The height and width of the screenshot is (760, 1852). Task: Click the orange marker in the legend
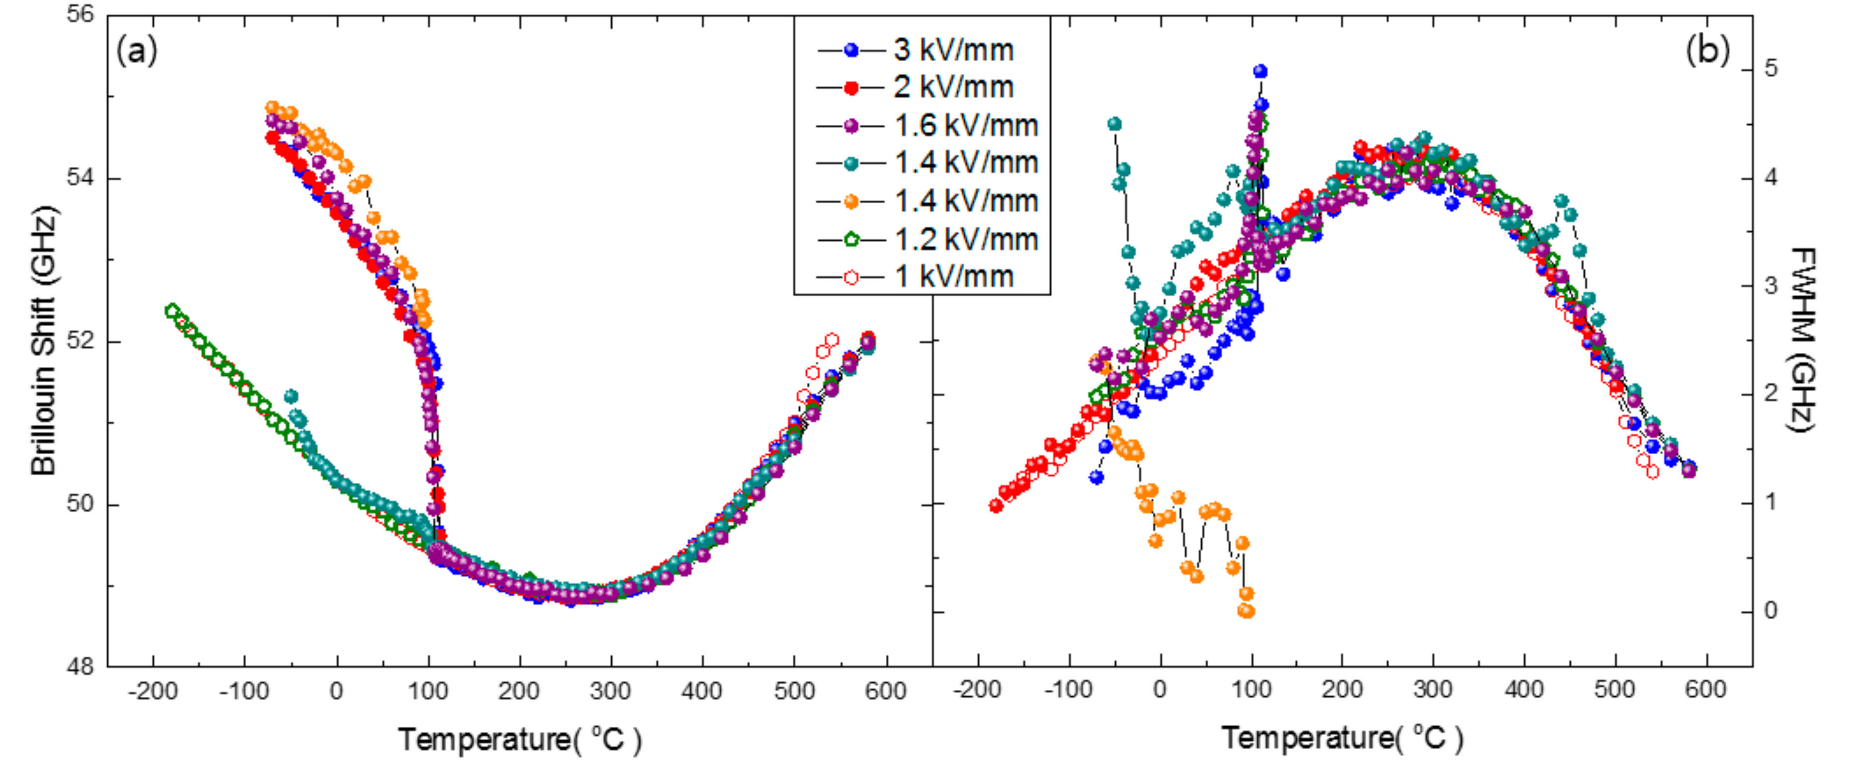tap(851, 201)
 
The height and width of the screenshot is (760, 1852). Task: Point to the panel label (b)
tap(1707, 51)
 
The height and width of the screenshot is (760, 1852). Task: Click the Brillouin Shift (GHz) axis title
tap(44, 341)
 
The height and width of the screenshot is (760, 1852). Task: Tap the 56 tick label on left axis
tap(81, 14)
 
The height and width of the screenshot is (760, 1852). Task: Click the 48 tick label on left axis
tap(81, 667)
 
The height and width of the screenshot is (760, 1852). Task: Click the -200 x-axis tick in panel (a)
tap(153, 692)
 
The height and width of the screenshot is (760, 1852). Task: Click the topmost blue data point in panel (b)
tap(1260, 71)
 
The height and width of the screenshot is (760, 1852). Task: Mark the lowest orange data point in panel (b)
tap(1247, 611)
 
